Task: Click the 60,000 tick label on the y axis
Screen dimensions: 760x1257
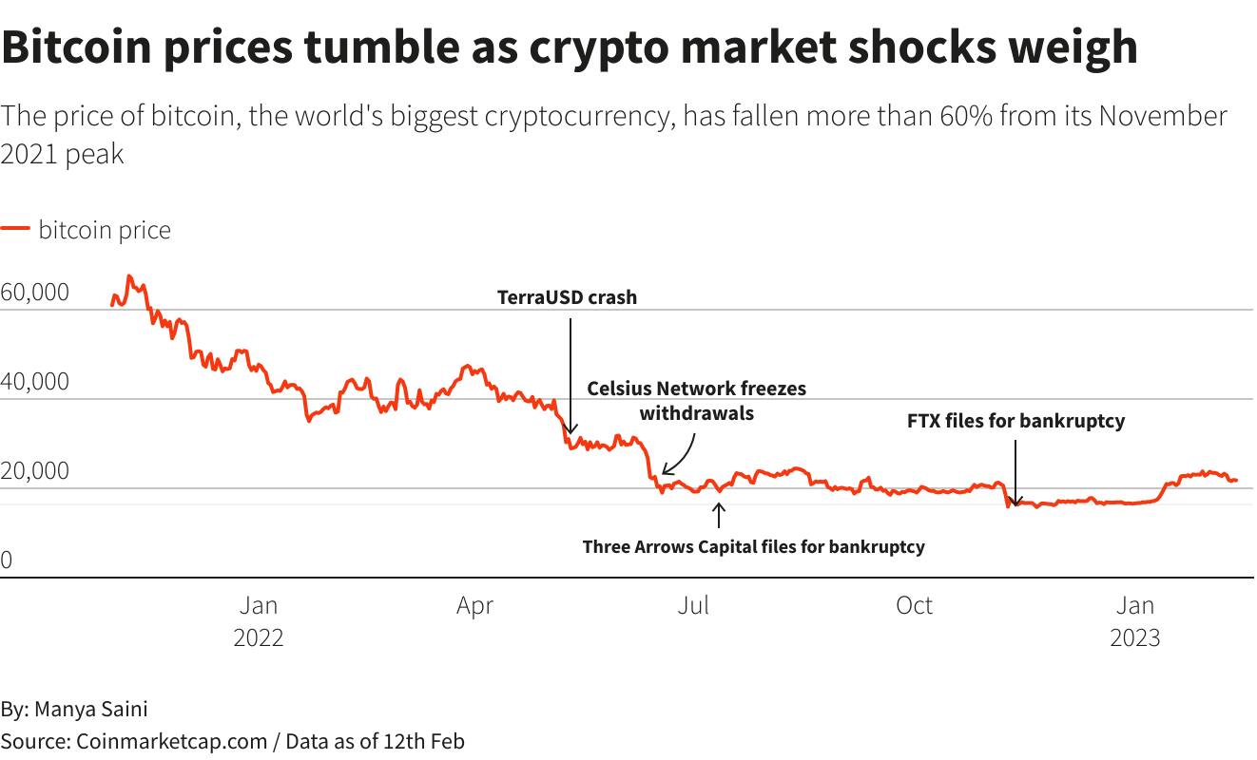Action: click(35, 293)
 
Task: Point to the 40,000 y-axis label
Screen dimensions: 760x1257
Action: click(35, 382)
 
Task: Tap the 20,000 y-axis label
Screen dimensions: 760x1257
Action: click(35, 471)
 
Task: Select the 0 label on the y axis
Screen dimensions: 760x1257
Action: click(7, 560)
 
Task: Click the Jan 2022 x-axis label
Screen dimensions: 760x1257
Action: click(259, 620)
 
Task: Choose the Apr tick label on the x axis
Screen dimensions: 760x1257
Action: click(474, 605)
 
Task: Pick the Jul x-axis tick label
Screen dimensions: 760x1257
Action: click(693, 605)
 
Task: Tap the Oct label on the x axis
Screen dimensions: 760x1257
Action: click(914, 605)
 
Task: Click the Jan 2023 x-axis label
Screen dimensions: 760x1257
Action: click(1135, 620)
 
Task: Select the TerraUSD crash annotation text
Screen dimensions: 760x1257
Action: click(568, 297)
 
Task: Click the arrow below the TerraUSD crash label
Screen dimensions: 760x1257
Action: click(570, 375)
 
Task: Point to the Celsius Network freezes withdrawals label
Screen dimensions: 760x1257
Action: click(696, 400)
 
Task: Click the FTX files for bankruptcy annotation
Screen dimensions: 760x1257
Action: click(1015, 421)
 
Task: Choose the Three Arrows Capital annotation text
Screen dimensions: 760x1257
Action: click(753, 546)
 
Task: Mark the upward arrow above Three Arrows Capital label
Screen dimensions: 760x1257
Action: click(719, 515)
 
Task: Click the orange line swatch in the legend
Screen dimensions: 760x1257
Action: click(15, 230)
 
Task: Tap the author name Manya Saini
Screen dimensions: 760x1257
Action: click(91, 709)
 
